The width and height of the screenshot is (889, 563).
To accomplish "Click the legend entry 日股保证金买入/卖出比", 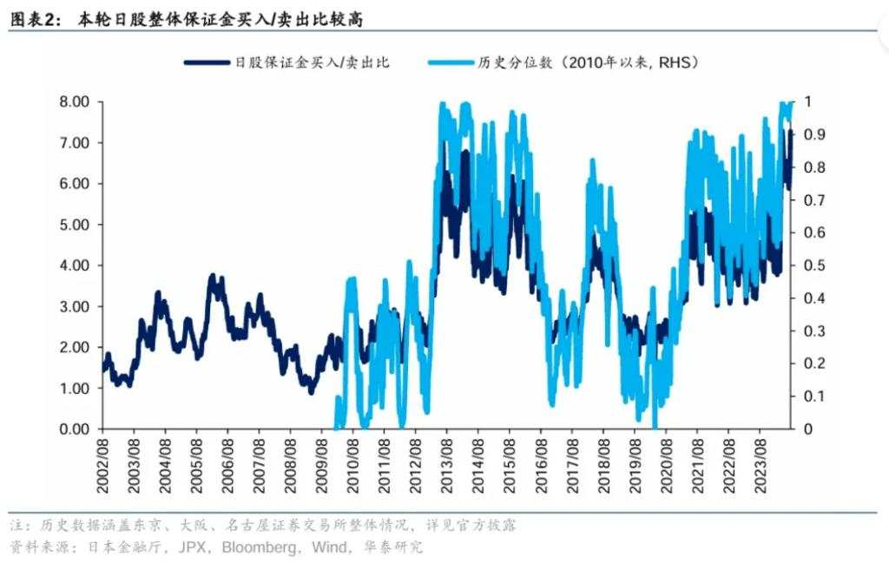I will tap(313, 62).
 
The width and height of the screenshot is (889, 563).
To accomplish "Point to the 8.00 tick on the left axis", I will tap(74, 101).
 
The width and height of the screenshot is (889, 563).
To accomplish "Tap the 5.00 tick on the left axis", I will tap(74, 225).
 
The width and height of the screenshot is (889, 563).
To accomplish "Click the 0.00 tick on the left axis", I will tap(74, 429).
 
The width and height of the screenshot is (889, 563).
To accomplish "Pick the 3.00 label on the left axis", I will tap(74, 306).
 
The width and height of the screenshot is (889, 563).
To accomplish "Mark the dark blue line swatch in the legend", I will tap(204, 62).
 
